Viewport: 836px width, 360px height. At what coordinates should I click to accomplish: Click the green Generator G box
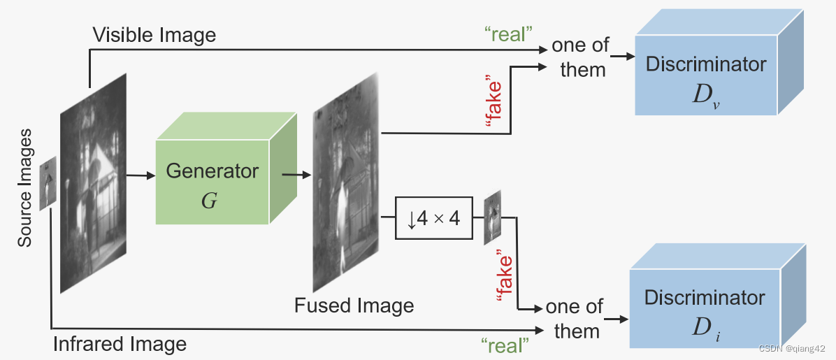[212, 180]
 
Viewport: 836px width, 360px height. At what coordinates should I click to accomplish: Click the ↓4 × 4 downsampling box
[433, 219]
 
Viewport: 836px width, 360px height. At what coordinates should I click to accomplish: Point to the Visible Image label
[154, 34]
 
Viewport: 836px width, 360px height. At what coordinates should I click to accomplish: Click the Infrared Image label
[120, 344]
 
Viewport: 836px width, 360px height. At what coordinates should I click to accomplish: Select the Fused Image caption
[354, 305]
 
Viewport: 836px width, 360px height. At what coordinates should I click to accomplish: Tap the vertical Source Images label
[25, 187]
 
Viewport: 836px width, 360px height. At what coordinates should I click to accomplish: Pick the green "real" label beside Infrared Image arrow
[505, 344]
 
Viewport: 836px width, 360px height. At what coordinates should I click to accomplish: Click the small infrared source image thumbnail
[48, 182]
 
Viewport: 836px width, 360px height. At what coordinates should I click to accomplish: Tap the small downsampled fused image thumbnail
[493, 217]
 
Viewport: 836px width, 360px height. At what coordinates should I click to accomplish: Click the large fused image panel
[345, 182]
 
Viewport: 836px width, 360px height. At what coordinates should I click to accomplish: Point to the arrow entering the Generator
[142, 175]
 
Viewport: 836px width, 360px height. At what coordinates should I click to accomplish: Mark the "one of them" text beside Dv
[580, 57]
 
